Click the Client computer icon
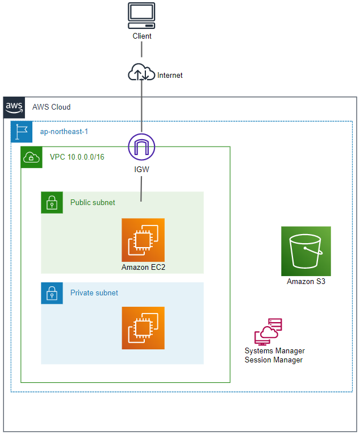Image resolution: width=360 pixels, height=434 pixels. pos(142,16)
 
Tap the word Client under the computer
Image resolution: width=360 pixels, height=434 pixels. pos(142,36)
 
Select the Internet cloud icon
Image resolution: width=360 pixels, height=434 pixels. pos(142,74)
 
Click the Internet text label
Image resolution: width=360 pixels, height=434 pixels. pos(170,75)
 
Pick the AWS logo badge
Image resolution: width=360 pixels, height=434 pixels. pos(14,107)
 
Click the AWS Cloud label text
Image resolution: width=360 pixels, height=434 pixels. pos(51,107)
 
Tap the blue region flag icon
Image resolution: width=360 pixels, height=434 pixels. pos(22,131)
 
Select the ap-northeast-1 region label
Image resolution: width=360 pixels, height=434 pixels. pos(64,131)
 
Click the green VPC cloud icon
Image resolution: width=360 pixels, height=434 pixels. pos(31,157)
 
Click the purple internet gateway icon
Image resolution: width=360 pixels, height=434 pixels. pos(142,147)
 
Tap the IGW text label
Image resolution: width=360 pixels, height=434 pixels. pos(142,169)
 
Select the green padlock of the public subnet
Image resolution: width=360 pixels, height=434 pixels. pos(52,202)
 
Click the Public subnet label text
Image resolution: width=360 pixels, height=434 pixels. pos(93,202)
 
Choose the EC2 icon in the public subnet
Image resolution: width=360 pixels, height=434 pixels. pos(143,240)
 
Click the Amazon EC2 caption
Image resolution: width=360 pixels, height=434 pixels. pos(143,267)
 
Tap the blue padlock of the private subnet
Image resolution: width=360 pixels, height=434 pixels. pos(52,293)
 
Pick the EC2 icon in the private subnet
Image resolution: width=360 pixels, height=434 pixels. pos(143,328)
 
